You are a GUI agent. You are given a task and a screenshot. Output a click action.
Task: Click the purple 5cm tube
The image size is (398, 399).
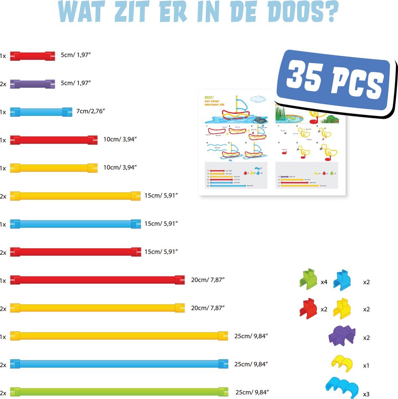pos(32,83)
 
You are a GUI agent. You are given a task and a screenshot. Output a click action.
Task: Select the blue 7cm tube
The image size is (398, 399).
pos(41,112)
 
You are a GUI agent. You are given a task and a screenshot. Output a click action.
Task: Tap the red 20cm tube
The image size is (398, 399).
pos(97,280)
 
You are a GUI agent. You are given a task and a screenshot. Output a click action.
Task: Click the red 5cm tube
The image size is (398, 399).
pos(32,56)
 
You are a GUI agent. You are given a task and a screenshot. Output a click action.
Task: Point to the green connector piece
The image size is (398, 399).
pos(308,278)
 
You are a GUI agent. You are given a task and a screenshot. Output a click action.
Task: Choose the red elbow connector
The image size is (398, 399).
pos(308,307)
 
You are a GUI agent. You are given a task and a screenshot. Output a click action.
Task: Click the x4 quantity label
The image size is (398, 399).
pos(324,282)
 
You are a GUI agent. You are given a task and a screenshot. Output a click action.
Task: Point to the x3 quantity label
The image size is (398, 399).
pos(366,394)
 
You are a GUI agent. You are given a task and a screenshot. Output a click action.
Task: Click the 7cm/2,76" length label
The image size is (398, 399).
pos(91,111)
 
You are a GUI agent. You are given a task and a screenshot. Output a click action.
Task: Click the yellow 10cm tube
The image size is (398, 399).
pos(53,168)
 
